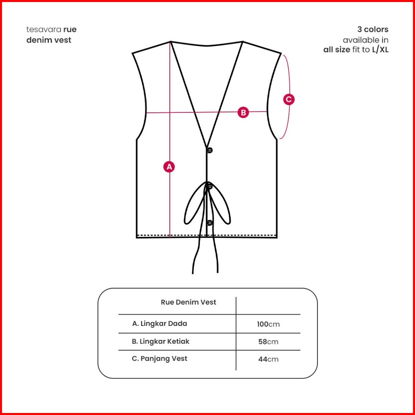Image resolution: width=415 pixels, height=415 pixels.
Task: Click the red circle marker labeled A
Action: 169,167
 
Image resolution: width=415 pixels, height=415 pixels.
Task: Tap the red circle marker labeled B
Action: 243,112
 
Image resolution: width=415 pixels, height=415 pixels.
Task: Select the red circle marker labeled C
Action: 289,99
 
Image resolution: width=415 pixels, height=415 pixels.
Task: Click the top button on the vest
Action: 209,150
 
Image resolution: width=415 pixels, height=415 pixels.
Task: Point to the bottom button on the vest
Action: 209,222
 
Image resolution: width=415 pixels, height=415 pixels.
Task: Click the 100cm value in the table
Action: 268,324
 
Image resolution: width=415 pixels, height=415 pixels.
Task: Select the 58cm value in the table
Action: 268,342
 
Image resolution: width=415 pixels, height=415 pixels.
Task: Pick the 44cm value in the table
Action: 268,359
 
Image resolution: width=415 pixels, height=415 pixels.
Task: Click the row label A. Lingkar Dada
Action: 159,323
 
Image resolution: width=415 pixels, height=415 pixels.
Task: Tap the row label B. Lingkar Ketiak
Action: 161,342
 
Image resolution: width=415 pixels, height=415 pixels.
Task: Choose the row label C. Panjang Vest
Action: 159,359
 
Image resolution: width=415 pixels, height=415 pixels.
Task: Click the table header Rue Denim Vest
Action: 188,302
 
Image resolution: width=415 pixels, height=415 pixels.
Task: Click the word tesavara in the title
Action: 44,30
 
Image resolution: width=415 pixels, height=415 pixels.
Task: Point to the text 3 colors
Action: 373,30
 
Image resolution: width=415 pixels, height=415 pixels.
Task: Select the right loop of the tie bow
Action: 222,207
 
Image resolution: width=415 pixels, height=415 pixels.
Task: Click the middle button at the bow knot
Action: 209,186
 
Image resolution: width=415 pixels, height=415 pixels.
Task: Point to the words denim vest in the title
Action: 49,40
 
